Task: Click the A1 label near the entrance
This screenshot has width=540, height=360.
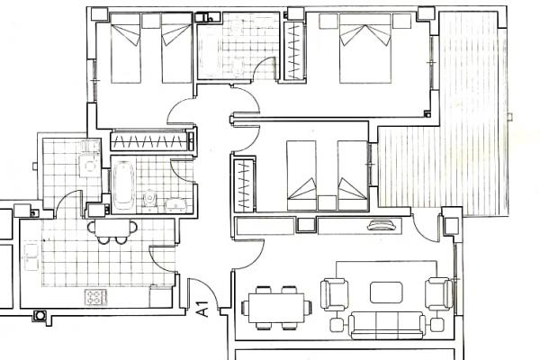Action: [x=202, y=309]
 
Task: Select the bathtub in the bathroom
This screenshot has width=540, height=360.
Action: [x=123, y=185]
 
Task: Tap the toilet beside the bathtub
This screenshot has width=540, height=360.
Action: [x=150, y=198]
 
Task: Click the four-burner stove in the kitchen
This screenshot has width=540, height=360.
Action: [x=95, y=297]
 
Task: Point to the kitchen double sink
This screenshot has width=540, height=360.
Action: [x=31, y=257]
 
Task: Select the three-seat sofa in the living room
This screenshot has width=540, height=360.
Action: [x=387, y=325]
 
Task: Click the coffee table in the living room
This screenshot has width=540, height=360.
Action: [x=386, y=292]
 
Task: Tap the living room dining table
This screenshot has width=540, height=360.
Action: [x=276, y=308]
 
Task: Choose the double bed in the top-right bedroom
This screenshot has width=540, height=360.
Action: [x=365, y=49]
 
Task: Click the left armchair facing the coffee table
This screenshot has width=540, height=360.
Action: [x=334, y=294]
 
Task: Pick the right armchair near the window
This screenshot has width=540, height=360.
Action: [x=438, y=294]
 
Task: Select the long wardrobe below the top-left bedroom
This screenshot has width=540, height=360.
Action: [x=150, y=140]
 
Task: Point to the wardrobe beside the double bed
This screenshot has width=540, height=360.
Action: [x=294, y=50]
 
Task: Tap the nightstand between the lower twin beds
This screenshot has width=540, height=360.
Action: [x=327, y=202]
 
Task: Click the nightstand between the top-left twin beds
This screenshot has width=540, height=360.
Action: [x=151, y=21]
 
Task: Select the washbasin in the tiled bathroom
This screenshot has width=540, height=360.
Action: [x=175, y=205]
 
